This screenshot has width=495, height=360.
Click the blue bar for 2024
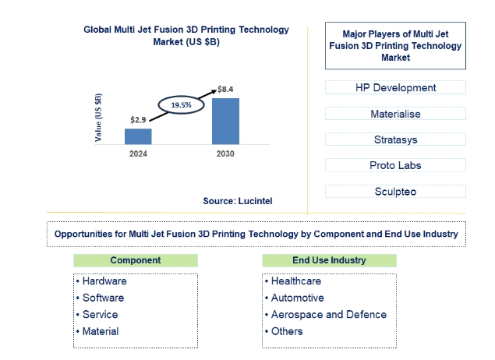pos(138,136)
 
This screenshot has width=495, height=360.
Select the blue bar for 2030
pos(225,121)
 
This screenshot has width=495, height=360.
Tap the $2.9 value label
pos(138,120)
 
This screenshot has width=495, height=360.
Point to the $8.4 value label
pos(225,90)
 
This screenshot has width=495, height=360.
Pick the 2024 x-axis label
pos(138,154)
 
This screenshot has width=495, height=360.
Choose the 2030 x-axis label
pos(225,154)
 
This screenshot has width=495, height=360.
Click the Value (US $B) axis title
pos(98,118)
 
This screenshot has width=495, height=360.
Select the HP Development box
pos(395,87)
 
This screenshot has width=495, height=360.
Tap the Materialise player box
pos(395,114)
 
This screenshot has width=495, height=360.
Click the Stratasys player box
pos(395,139)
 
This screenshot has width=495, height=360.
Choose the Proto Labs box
pos(395,165)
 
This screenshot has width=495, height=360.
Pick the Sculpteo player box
pos(395,192)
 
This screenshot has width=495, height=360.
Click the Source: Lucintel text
pos(238,201)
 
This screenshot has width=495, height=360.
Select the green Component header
pos(136,260)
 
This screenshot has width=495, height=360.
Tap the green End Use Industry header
pos(329,260)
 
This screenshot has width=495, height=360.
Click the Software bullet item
pos(101,298)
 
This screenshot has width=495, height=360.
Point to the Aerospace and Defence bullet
pos(326,315)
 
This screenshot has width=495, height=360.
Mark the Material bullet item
pos(97,331)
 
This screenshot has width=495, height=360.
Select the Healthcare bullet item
pos(293,281)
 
